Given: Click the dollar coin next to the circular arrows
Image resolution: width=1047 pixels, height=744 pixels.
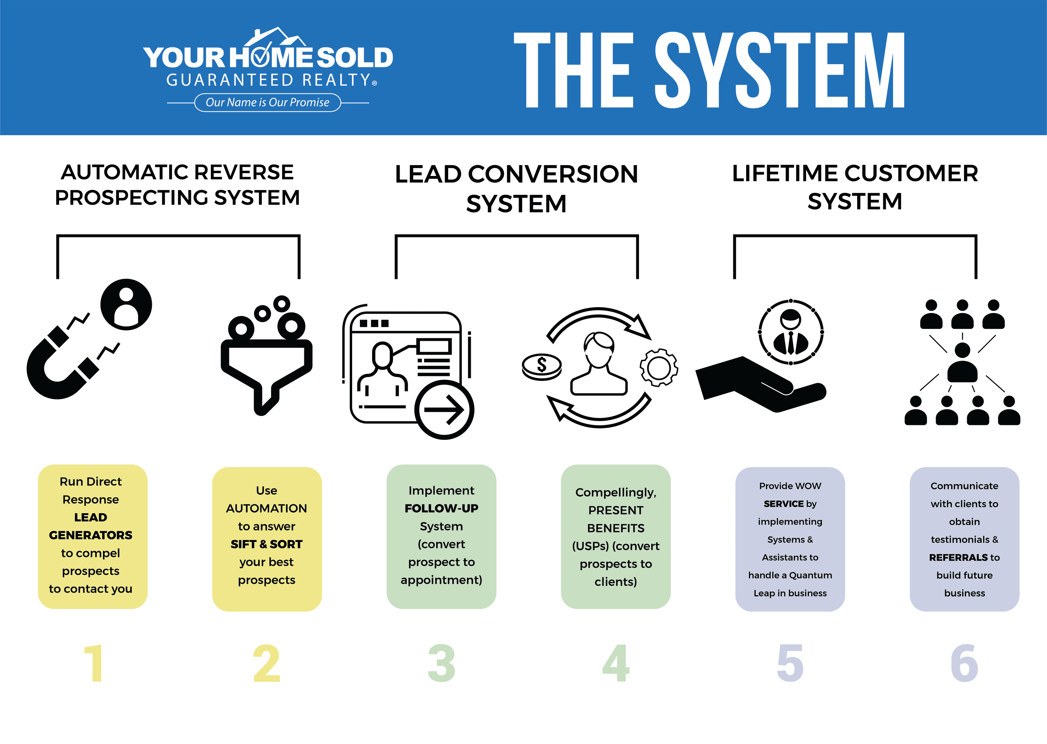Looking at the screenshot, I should [x=541, y=367].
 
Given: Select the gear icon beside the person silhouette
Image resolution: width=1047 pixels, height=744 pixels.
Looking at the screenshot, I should [x=659, y=367].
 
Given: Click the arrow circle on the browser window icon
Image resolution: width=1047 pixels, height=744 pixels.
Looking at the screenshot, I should [x=444, y=410].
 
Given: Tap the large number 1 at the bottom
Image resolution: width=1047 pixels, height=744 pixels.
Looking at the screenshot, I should [x=94, y=663].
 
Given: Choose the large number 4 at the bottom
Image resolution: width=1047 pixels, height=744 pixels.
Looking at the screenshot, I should [x=616, y=663].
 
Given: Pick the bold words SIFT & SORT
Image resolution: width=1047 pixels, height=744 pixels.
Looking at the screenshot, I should [x=267, y=544].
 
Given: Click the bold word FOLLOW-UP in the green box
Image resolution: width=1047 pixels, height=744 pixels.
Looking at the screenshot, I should [x=441, y=509].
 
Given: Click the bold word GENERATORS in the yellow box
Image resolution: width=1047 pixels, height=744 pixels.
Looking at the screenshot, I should [x=91, y=535].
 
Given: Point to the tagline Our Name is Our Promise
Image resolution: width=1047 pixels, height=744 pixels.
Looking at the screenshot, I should [x=267, y=103].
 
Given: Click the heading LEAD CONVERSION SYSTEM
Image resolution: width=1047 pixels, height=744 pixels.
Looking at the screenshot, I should [x=516, y=188].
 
